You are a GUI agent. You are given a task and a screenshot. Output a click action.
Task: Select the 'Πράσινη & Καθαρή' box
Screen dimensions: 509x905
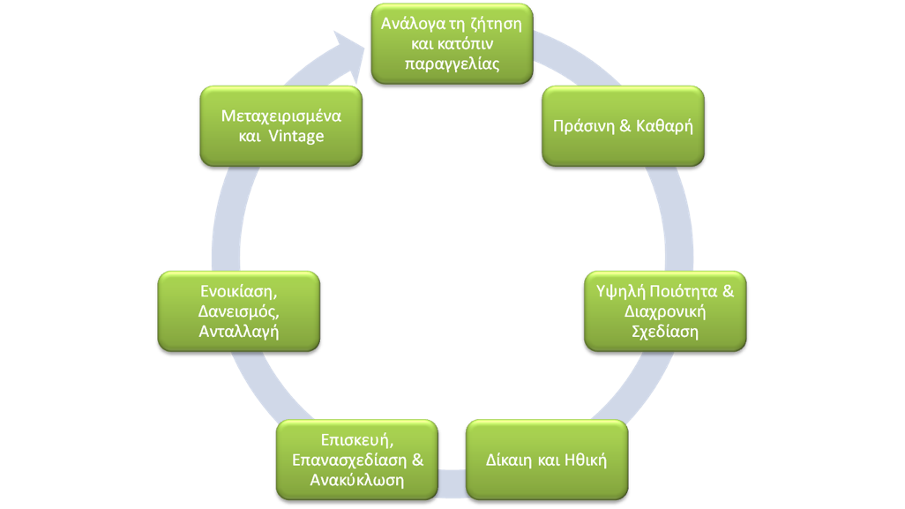tap(623, 125)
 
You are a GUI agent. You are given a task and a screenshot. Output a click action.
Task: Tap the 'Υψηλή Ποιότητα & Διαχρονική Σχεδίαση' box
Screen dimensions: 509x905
tap(666, 311)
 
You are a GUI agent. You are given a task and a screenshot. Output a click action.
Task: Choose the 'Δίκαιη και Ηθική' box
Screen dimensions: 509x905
tap(547, 460)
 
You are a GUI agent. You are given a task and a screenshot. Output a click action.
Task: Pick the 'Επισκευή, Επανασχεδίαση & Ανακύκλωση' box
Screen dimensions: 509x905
tap(357, 460)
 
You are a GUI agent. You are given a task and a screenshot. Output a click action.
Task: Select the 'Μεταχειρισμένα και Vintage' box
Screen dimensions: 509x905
tap(281, 125)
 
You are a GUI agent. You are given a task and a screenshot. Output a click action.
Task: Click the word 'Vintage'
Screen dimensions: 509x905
tap(295, 137)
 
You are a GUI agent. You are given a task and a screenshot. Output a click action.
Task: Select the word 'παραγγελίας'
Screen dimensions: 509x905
tap(451, 64)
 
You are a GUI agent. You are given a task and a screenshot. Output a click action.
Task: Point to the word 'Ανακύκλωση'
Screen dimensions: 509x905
tap(357, 480)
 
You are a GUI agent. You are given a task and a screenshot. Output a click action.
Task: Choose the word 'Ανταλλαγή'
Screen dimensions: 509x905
tap(238, 331)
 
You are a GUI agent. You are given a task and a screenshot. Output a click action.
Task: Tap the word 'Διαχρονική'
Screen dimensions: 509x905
tap(666, 311)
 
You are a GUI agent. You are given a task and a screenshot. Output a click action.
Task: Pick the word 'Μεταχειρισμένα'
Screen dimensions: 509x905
tap(281, 115)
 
